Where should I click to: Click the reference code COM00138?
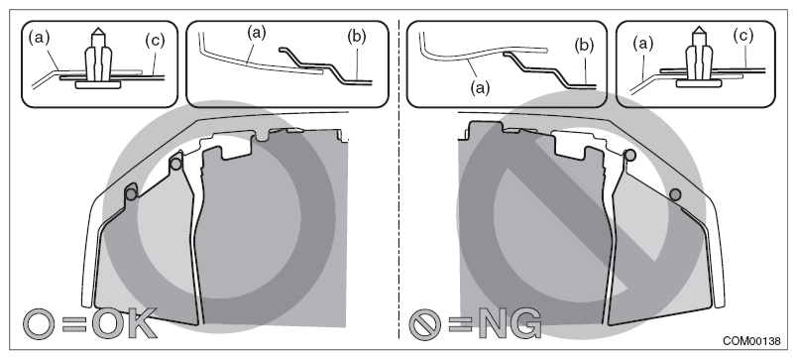click(751, 341)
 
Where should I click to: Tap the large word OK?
click(124, 323)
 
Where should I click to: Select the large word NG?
click(510, 323)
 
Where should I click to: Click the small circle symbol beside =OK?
click(39, 324)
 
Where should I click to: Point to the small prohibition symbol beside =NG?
click(425, 324)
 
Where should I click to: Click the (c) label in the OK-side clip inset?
click(155, 41)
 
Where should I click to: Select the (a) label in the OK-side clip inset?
click(39, 37)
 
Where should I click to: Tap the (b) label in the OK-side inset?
click(356, 37)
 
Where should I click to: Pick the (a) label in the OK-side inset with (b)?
click(256, 33)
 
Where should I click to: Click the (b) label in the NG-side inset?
click(584, 46)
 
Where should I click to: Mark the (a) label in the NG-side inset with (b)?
click(480, 88)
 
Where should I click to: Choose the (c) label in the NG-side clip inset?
click(742, 36)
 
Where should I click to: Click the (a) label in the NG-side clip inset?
click(642, 44)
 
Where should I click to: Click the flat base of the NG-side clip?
click(698, 83)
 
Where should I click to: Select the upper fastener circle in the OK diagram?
click(175, 165)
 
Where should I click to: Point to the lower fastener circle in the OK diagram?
click(131, 194)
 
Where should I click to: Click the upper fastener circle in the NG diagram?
click(629, 155)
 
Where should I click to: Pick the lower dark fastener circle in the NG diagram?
click(675, 194)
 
